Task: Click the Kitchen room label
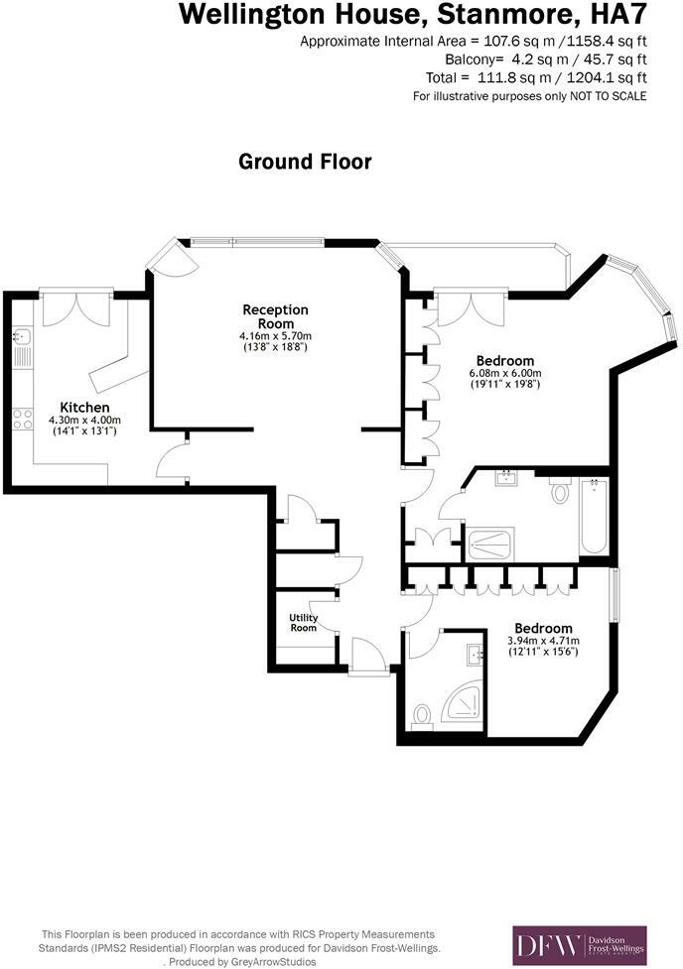(84, 408)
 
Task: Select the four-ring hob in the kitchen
(19, 420)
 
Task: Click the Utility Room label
(303, 623)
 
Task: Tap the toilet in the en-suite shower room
(422, 712)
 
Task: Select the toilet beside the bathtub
(559, 489)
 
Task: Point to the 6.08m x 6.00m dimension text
(504, 374)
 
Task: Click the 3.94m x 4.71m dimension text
(543, 641)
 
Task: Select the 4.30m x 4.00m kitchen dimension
(84, 421)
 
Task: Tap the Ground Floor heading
(305, 162)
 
